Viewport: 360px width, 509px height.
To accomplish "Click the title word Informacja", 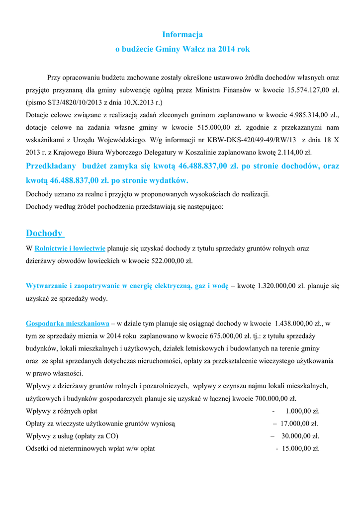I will (x=182, y=34).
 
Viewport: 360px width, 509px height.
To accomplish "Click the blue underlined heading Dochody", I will (x=44, y=233).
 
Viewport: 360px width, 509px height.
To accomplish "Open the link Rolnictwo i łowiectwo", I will (x=70, y=248).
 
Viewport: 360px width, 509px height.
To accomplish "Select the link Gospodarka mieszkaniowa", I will (x=67, y=323).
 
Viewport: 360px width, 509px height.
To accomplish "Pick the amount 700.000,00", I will (x=271, y=398).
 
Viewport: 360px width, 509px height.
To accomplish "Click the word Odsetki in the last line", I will (x=38, y=448).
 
